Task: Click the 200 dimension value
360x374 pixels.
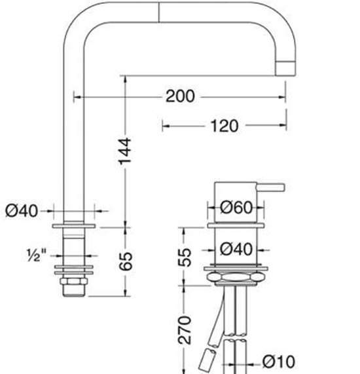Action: (x=180, y=96)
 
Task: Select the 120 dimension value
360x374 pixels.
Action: (x=224, y=125)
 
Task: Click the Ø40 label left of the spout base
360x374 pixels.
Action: (x=21, y=211)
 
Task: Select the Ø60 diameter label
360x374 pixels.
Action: (x=236, y=208)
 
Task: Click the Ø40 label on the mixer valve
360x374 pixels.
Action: (x=236, y=249)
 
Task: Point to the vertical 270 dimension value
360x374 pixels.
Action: (x=185, y=331)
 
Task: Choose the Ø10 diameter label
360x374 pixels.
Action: (x=278, y=360)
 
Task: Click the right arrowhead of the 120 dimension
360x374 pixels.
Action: (x=283, y=125)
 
